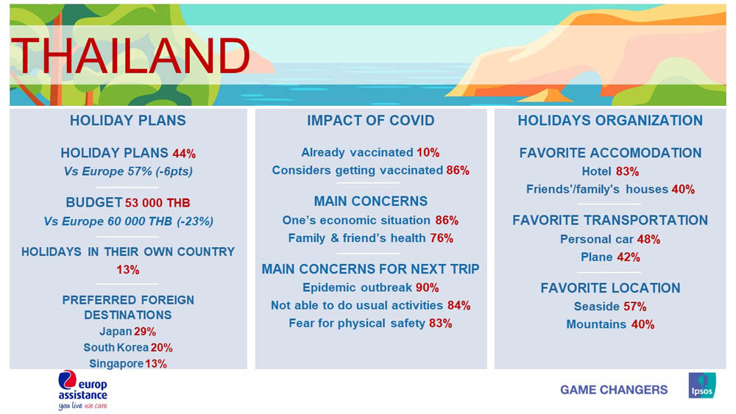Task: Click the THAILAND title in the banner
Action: (x=130, y=56)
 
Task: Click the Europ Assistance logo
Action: (x=82, y=390)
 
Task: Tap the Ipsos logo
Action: (x=702, y=385)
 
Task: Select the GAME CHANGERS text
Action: (x=614, y=390)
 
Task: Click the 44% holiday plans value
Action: (x=184, y=153)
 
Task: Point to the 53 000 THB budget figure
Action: (x=158, y=202)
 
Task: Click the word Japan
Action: (x=116, y=332)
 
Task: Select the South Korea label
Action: (x=116, y=347)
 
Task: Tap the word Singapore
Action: (x=116, y=363)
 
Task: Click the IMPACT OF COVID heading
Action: (x=371, y=121)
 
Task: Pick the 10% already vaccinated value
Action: (x=428, y=152)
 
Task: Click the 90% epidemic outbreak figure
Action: (x=427, y=288)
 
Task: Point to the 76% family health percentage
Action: (x=442, y=238)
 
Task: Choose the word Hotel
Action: (x=597, y=171)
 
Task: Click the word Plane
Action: (x=597, y=257)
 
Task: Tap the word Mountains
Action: (x=596, y=324)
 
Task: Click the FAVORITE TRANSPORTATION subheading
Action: (x=610, y=221)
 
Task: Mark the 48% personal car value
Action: (x=648, y=239)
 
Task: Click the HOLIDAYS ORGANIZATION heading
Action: (x=610, y=121)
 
